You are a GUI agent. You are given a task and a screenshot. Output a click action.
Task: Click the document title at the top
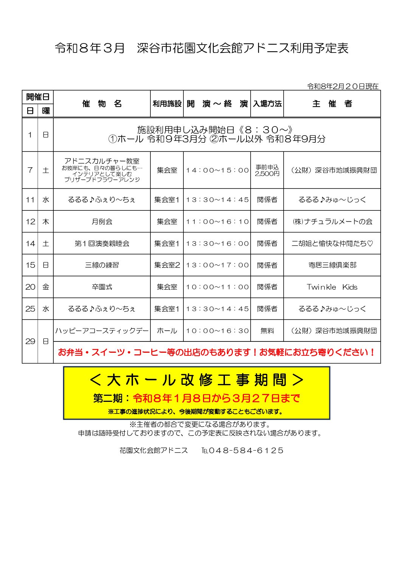click(201, 48)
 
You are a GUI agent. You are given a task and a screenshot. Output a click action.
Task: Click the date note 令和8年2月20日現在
click(343, 86)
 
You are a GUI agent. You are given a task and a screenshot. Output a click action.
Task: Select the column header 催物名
click(102, 104)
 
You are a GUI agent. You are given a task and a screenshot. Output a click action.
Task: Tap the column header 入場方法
click(267, 104)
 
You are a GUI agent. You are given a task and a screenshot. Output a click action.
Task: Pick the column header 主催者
click(332, 104)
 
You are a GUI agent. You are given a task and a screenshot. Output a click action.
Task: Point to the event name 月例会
click(102, 222)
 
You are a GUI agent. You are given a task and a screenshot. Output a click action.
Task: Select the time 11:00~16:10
click(217, 222)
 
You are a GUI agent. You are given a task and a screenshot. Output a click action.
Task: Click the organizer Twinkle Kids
click(332, 287)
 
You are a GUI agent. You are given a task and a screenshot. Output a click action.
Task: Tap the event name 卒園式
click(102, 287)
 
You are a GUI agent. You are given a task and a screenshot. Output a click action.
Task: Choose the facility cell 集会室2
click(167, 265)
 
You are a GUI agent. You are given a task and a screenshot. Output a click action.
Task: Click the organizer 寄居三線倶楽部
click(332, 265)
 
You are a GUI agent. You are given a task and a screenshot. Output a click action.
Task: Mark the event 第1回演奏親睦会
click(102, 244)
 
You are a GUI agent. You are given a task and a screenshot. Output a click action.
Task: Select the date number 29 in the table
click(30, 341)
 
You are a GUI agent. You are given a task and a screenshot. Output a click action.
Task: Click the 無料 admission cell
click(267, 331)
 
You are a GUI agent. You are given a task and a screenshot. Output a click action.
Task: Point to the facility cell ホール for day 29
click(167, 331)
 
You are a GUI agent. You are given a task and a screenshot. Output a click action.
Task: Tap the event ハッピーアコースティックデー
click(102, 331)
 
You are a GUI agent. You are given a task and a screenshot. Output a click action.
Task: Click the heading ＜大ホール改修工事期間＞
click(197, 380)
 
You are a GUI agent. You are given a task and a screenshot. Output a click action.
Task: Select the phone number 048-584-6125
click(246, 451)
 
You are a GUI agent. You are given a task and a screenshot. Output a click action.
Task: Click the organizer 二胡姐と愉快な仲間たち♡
click(332, 244)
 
